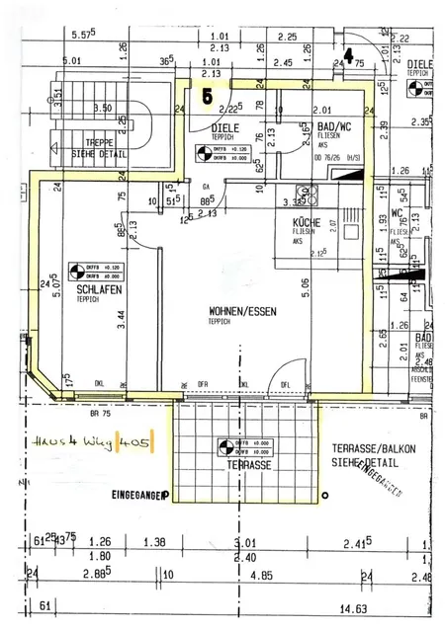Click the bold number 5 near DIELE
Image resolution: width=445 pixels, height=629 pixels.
tap(207, 97)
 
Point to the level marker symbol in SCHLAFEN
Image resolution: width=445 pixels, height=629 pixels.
tap(78, 270)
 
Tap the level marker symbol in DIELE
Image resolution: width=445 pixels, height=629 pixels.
tap(206, 153)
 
